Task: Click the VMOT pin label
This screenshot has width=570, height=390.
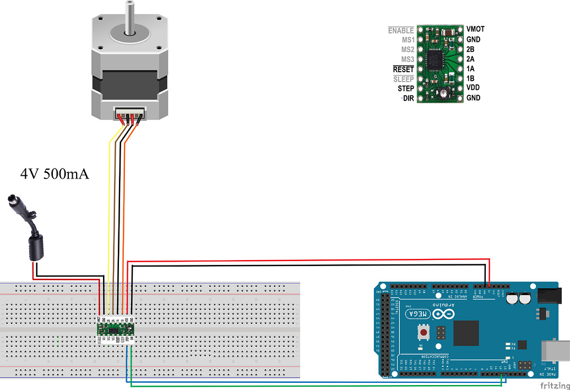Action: pos(475,29)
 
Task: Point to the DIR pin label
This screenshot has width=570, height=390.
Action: pos(408,98)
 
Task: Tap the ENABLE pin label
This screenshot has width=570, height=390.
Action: pos(400,30)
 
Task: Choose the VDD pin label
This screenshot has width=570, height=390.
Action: pos(473,88)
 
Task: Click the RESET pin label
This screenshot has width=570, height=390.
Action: pos(403,69)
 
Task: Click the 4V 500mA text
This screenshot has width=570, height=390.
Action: pos(55,175)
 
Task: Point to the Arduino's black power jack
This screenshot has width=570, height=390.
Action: pos(549,297)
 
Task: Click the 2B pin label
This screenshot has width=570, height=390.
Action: pos(470,49)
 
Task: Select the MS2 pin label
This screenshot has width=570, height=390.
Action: pos(408,50)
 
